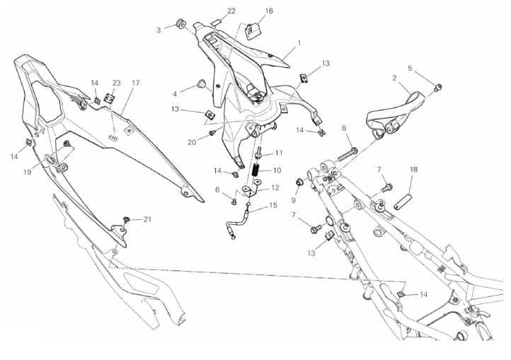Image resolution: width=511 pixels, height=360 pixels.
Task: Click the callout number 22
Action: (x=231, y=11)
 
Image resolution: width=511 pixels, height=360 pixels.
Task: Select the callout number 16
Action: (x=269, y=11)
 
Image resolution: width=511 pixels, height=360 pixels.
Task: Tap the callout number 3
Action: (x=159, y=30)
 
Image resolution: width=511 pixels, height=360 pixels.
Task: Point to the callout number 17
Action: (x=136, y=83)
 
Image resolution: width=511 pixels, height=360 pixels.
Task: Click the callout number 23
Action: (x=116, y=83)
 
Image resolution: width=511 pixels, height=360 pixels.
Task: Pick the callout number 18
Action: (x=413, y=170)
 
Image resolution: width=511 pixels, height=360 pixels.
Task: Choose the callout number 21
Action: (x=148, y=219)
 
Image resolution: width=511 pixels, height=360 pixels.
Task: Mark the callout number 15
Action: (x=272, y=205)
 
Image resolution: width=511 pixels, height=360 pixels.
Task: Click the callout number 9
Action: (x=293, y=200)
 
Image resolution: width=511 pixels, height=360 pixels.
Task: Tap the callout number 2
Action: (x=394, y=79)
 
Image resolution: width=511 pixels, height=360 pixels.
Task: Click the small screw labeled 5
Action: (x=439, y=87)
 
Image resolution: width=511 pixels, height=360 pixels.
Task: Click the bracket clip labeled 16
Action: (x=253, y=31)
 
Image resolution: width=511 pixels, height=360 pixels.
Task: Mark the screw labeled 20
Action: (x=212, y=132)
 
